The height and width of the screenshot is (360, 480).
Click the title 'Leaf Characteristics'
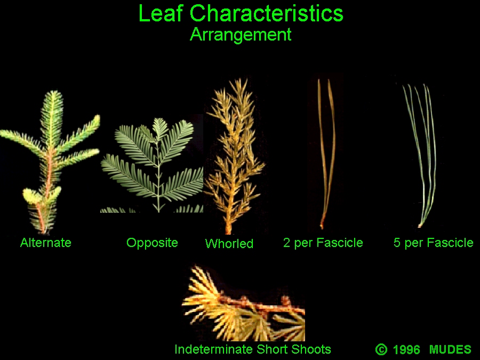tap(241, 13)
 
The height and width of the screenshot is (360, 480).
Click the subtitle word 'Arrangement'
tap(241, 35)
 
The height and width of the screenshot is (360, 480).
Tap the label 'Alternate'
tap(46, 243)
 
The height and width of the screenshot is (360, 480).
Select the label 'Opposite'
tap(152, 243)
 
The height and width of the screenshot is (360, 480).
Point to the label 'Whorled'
tap(229, 244)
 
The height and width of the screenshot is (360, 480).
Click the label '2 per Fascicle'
tap(323, 243)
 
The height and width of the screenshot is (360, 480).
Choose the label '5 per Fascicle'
tap(434, 243)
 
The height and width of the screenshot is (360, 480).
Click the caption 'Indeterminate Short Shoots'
tap(253, 349)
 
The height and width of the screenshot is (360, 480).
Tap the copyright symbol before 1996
tap(381, 349)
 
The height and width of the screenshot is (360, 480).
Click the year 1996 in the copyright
tap(406, 349)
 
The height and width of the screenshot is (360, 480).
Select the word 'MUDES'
tap(450, 349)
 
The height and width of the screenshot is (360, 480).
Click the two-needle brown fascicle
tap(326, 153)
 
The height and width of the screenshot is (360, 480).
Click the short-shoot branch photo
tap(243, 303)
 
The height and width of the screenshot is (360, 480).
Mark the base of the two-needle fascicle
tap(322, 227)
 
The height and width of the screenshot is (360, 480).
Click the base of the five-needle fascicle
tap(420, 226)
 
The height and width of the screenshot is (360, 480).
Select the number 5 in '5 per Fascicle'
tap(397, 243)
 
